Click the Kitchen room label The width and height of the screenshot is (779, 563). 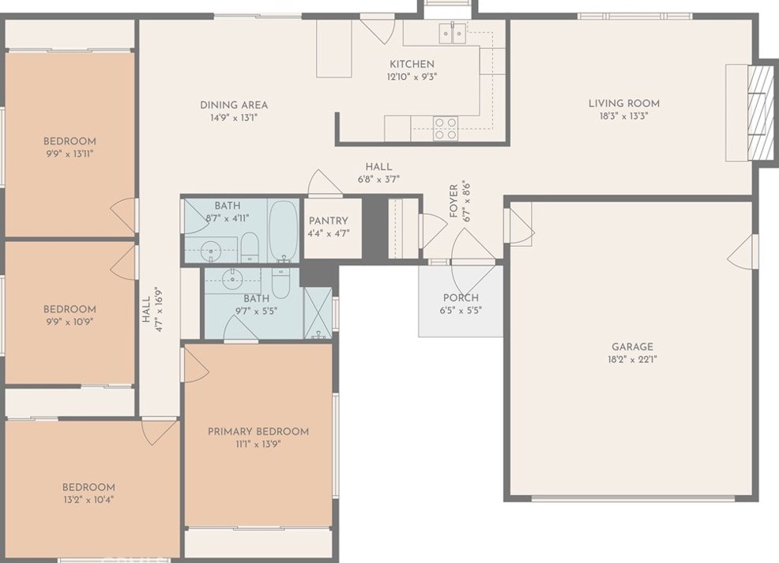click(x=412, y=64)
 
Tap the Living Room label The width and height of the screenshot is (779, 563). click(x=624, y=104)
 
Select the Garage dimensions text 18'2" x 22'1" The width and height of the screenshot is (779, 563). click(x=632, y=360)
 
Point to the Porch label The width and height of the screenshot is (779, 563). click(x=461, y=298)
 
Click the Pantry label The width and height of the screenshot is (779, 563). click(x=329, y=221)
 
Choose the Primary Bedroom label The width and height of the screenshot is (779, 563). click(x=258, y=431)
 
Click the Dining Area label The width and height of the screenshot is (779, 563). click(x=234, y=105)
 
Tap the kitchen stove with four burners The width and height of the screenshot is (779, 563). click(x=446, y=128)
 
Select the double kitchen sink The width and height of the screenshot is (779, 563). click(x=452, y=33)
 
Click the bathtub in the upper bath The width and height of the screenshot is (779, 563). click(x=284, y=231)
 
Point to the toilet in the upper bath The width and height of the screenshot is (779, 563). click(x=250, y=247)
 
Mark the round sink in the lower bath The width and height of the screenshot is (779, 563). click(x=232, y=278)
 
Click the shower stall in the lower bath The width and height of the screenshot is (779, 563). click(x=318, y=313)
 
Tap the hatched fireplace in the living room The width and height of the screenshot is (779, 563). click(x=761, y=112)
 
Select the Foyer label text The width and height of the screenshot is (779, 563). click(x=453, y=202)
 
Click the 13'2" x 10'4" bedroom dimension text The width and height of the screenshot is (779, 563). click(x=88, y=500)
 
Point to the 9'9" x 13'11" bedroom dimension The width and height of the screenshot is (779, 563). click(x=70, y=153)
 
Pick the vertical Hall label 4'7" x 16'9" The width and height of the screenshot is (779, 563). click(x=152, y=309)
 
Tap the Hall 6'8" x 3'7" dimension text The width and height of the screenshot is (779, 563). click(x=378, y=179)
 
